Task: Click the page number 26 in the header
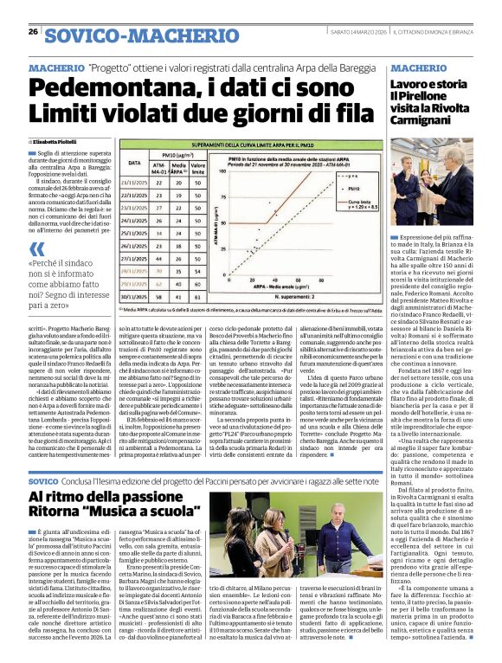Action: (x=33, y=32)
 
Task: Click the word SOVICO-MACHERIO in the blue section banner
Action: (x=129, y=35)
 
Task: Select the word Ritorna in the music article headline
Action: (x=68, y=514)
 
